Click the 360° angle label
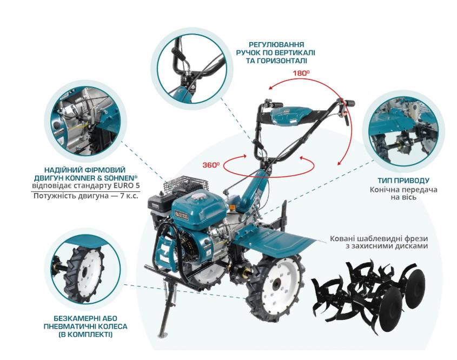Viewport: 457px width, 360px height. (x=211, y=165)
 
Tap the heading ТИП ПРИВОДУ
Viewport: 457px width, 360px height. (x=403, y=180)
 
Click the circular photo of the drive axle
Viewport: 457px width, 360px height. (x=403, y=132)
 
